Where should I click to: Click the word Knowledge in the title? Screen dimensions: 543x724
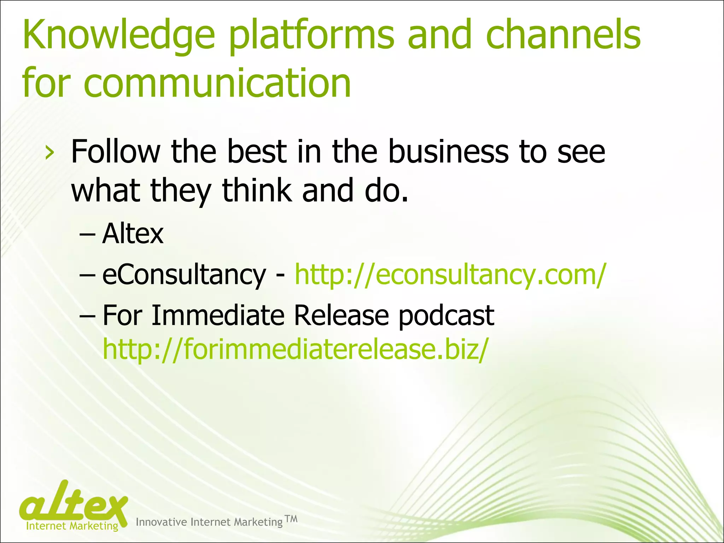pos(119,35)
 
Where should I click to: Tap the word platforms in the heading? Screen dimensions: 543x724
pos(311,35)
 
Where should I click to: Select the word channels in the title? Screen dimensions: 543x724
pos(563,35)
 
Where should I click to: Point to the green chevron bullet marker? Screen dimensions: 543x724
pos(50,153)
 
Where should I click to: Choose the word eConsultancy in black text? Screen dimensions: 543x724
pos(184,275)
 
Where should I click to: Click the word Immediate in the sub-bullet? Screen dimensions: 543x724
pos(218,315)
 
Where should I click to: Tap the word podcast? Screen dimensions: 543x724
pos(446,316)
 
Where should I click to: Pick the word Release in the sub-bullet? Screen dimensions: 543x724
pos(341,315)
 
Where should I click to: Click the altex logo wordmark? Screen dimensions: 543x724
pos(74,504)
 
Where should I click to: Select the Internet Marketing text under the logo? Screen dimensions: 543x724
pos(72,526)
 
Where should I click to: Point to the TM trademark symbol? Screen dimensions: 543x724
pos(291,519)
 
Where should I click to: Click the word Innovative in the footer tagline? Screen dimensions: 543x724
pos(162,522)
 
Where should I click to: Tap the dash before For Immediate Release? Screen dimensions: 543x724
pos(87,316)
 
